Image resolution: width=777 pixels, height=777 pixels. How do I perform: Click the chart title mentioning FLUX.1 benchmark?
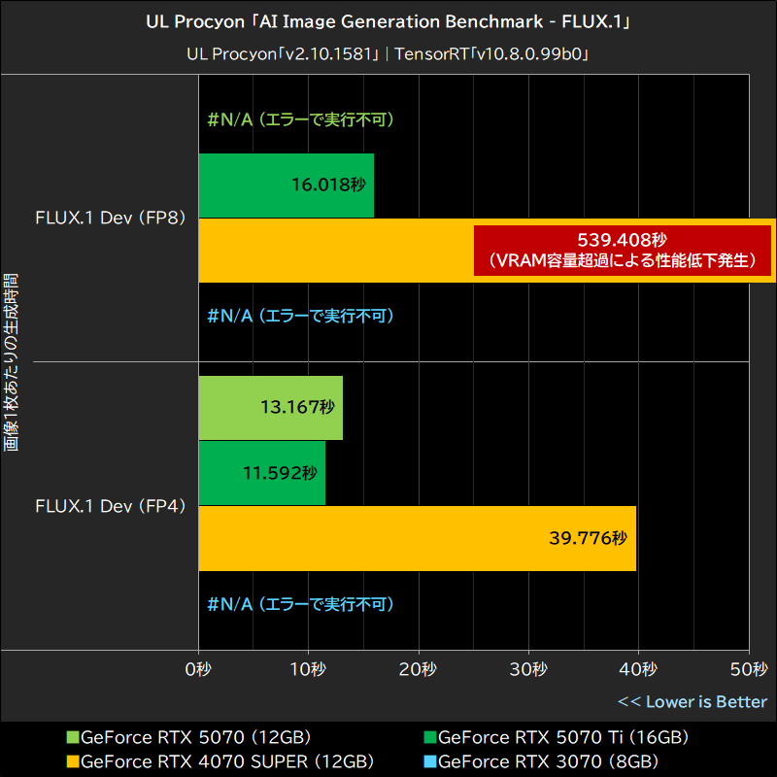[x=388, y=22]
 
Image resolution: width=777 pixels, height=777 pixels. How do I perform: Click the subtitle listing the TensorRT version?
[x=388, y=54]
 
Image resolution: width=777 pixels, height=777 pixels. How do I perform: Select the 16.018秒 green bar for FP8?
[x=287, y=186]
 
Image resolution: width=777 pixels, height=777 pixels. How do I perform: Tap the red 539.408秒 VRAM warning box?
[x=622, y=250]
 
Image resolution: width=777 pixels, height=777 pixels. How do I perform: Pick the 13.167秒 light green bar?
[x=271, y=408]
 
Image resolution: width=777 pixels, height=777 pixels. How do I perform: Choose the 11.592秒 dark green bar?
[x=262, y=473]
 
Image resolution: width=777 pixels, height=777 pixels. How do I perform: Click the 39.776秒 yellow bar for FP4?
[x=418, y=538]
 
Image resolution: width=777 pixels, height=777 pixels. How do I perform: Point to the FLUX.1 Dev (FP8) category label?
[x=109, y=218]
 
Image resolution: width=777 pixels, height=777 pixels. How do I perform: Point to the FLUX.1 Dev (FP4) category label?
[x=109, y=506]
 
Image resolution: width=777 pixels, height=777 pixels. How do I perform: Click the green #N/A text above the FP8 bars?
[x=300, y=120]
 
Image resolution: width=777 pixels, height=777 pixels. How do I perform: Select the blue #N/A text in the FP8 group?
[x=300, y=316]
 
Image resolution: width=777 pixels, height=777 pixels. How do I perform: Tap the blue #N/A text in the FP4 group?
[x=300, y=604]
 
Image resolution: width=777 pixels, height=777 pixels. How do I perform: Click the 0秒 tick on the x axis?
[x=198, y=669]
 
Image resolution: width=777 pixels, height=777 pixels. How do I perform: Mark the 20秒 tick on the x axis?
[x=419, y=669]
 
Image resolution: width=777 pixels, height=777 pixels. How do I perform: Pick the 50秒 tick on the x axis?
[x=748, y=669]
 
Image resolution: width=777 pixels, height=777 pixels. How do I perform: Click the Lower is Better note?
[x=693, y=701]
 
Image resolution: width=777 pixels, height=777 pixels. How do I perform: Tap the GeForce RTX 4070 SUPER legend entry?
[x=219, y=760]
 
